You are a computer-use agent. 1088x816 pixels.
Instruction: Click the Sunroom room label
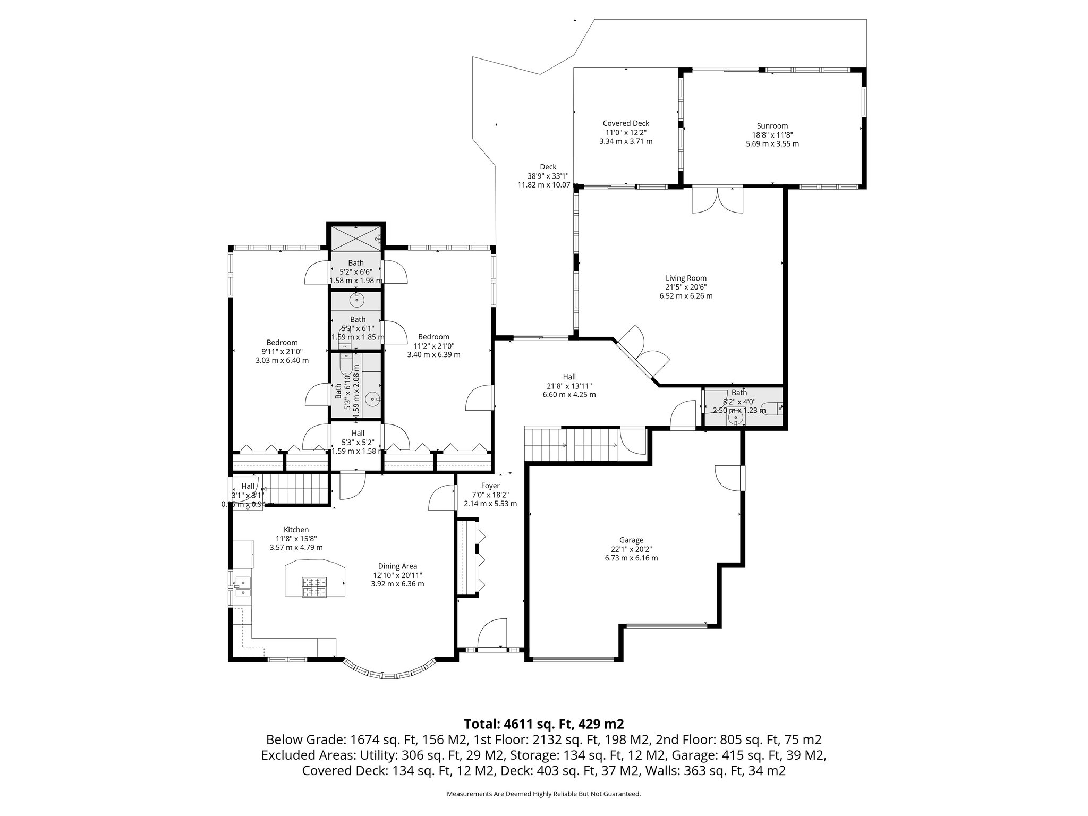click(772, 126)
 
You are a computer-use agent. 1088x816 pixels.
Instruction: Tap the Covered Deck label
click(626, 123)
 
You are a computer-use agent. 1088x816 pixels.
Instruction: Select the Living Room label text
click(686, 278)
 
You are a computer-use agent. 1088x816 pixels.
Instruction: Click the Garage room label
click(631, 540)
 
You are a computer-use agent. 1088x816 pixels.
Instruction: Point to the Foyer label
click(490, 486)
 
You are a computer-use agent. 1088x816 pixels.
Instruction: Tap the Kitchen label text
click(296, 530)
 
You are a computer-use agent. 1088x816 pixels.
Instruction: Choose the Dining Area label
click(397, 566)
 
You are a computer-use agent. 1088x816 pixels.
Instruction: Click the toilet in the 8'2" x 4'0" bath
click(772, 409)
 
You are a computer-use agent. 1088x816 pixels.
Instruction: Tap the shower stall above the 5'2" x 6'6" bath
click(355, 237)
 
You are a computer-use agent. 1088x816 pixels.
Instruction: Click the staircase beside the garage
click(571, 445)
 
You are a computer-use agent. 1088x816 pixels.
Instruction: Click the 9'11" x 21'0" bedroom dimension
click(282, 352)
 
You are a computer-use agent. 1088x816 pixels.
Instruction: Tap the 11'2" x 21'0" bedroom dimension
click(433, 345)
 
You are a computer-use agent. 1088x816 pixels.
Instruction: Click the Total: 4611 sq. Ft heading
click(543, 724)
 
